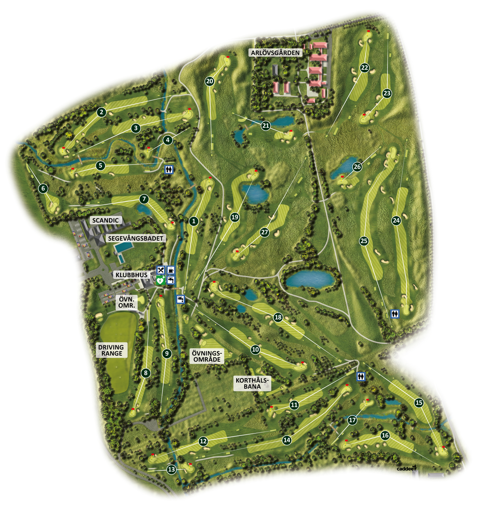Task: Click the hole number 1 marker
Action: point(193,221)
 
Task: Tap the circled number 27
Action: point(264,232)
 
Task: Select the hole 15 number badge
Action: point(419,403)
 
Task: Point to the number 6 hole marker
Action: point(43,189)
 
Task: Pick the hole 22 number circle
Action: point(364,67)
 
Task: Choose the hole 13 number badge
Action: point(171,470)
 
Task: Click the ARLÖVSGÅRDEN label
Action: point(275,52)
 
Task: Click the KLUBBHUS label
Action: point(131,275)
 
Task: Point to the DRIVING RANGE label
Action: point(111,350)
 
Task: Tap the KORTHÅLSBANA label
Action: point(252,383)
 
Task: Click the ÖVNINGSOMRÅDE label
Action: point(206,355)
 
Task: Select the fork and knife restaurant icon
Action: point(161,270)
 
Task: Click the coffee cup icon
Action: point(171,270)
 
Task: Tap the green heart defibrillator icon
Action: point(161,279)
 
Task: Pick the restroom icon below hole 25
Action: point(395,314)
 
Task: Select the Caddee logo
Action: point(406,468)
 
